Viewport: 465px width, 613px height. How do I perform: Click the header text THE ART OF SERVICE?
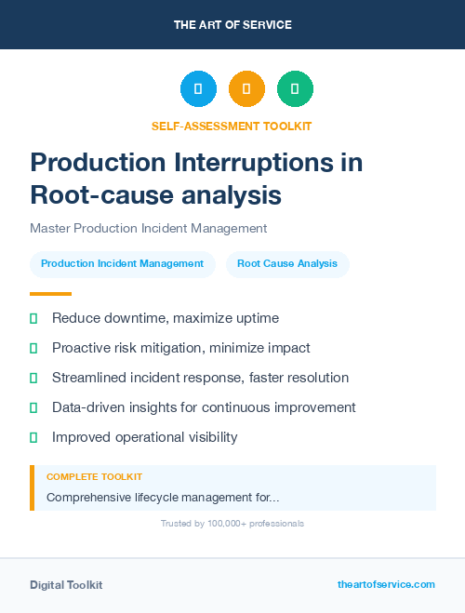pyautogui.click(x=232, y=25)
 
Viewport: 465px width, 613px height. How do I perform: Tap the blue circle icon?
pyautogui.click(x=198, y=89)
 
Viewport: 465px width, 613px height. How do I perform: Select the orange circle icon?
pyautogui.click(x=246, y=89)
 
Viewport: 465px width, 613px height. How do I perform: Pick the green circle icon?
pyautogui.click(x=295, y=89)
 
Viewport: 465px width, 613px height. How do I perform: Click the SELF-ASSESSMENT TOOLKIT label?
pyautogui.click(x=232, y=126)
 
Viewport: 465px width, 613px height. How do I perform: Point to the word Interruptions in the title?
pyautogui.click(x=269, y=163)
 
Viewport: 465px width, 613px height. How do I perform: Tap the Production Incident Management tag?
pyautogui.click(x=123, y=264)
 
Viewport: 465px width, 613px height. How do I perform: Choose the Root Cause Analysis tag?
pyautogui.click(x=287, y=264)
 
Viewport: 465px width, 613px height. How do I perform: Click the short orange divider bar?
pyautogui.click(x=50, y=294)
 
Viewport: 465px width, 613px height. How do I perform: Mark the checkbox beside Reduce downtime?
pyautogui.click(x=33, y=319)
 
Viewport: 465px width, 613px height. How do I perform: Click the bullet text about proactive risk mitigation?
pyautogui.click(x=180, y=348)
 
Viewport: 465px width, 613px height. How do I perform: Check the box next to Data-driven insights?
pyautogui.click(x=33, y=407)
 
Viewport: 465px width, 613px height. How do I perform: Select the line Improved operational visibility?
pyautogui.click(x=144, y=437)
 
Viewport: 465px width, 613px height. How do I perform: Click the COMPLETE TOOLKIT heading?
pyautogui.click(x=94, y=477)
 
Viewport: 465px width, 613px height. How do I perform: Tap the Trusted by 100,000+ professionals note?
pyautogui.click(x=232, y=524)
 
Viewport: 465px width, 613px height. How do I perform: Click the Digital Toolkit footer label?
pyautogui.click(x=66, y=585)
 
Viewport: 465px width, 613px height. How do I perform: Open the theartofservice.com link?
pyautogui.click(x=386, y=585)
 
